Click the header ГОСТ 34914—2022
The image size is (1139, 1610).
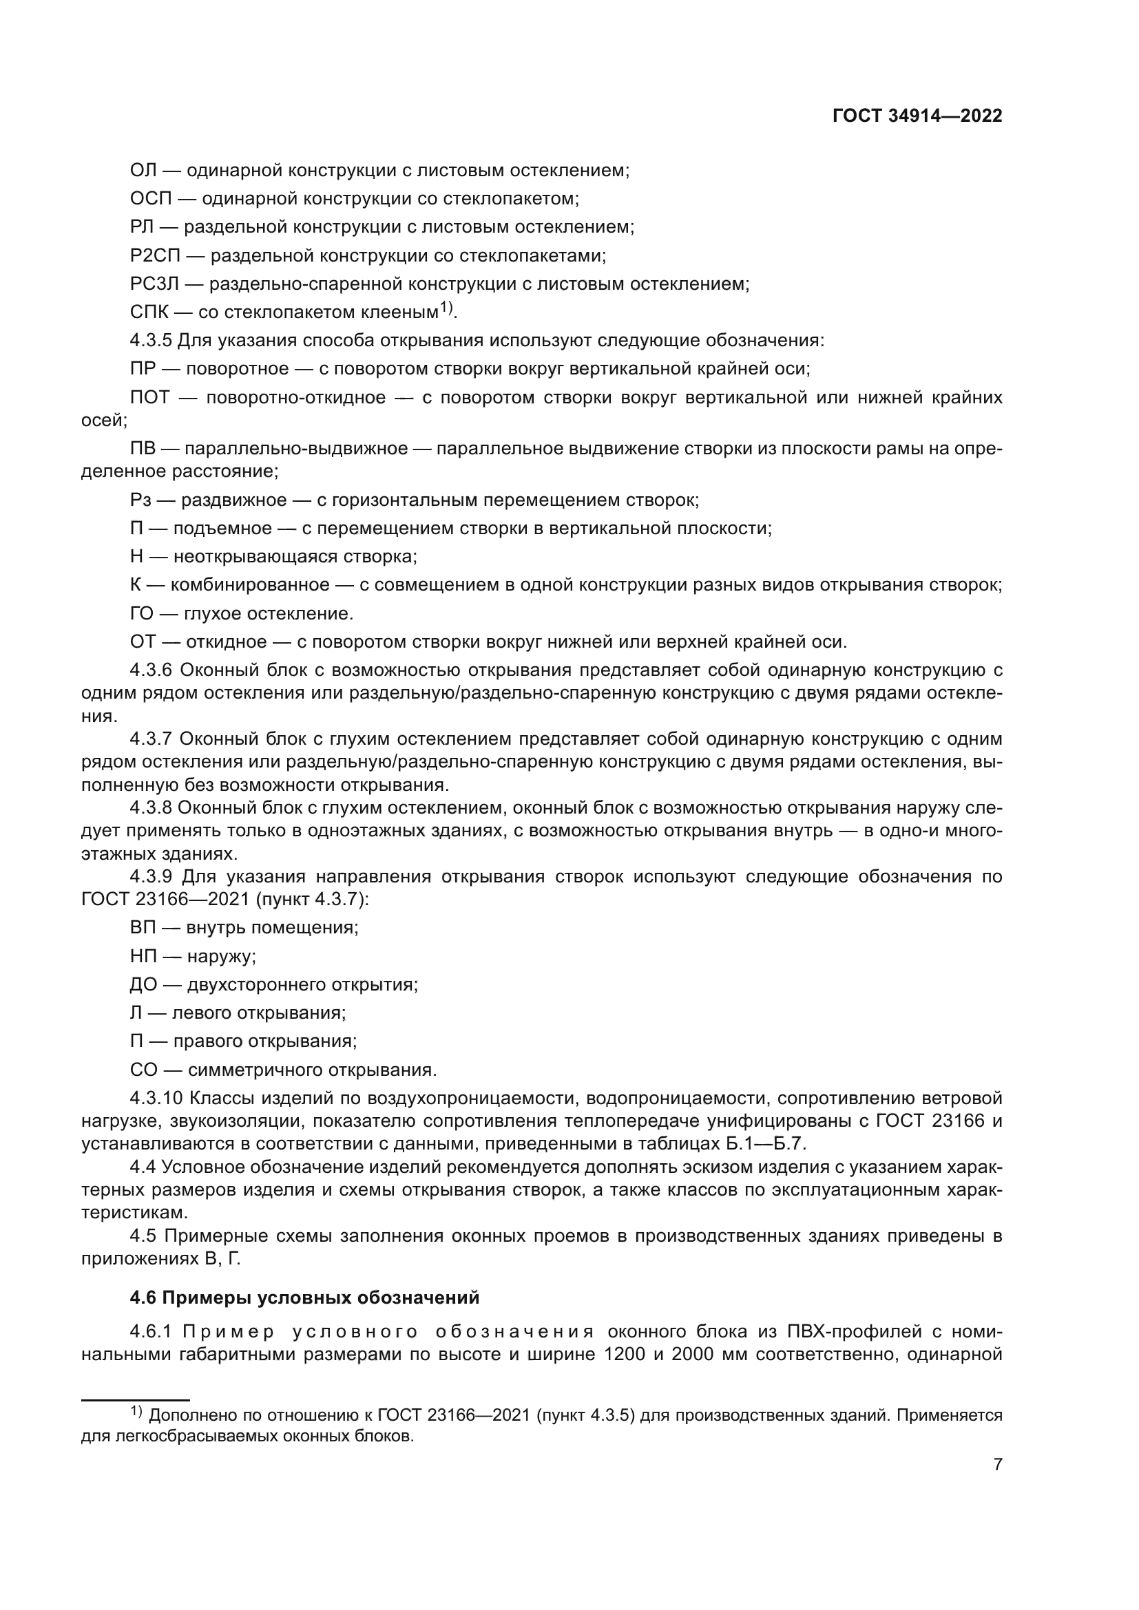pos(917,116)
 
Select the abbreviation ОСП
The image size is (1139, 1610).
pos(151,198)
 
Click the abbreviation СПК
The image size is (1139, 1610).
pos(149,313)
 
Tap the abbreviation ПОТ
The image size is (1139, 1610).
pos(150,398)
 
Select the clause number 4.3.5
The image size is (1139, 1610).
pos(151,341)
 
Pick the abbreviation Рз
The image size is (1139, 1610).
pos(140,500)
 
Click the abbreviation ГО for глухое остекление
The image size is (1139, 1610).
pos(142,613)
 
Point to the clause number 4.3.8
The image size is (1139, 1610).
pos(151,808)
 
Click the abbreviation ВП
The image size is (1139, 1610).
pos(143,928)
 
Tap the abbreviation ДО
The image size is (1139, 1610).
pos(143,984)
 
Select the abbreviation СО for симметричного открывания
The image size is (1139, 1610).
pos(143,1070)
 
